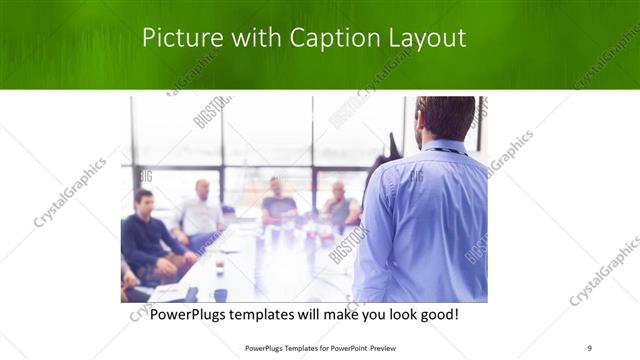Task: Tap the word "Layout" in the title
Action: click(x=427, y=38)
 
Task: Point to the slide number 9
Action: click(x=588, y=347)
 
